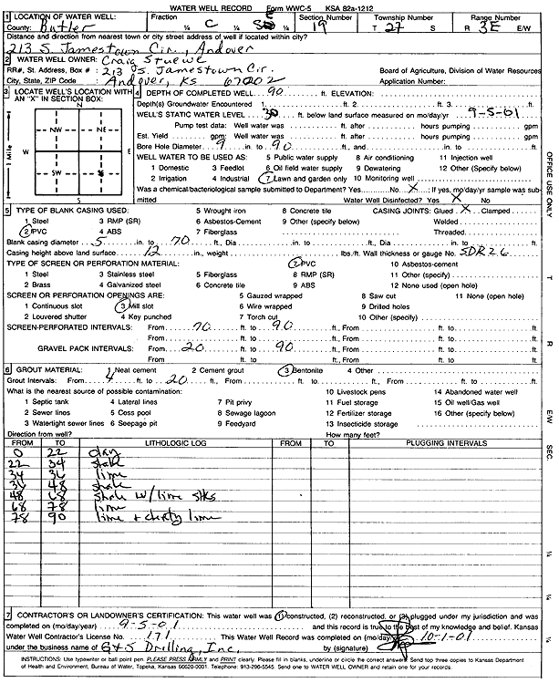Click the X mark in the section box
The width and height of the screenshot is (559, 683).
click(x=99, y=172)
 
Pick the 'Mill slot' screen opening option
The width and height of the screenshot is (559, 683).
click(x=135, y=306)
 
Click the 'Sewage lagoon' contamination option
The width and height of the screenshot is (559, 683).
click(x=254, y=411)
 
